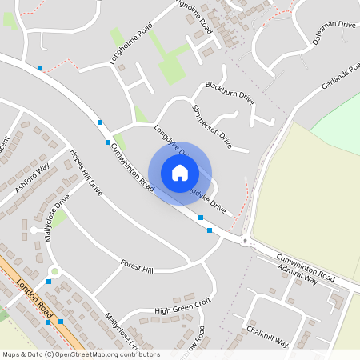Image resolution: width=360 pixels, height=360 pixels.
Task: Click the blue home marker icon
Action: (x=180, y=172)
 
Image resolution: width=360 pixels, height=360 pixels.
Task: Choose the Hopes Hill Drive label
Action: (x=86, y=173)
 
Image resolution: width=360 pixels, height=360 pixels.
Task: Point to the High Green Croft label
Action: (x=182, y=304)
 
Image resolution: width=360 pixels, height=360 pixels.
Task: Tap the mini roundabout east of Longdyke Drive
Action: (x=245, y=240)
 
